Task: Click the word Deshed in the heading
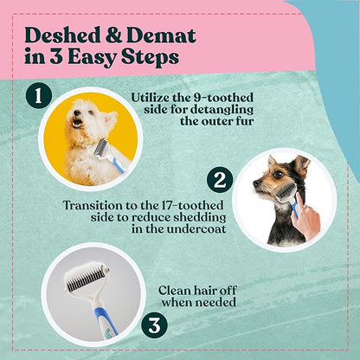tap(61, 35)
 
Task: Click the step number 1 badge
tap(37, 94)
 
